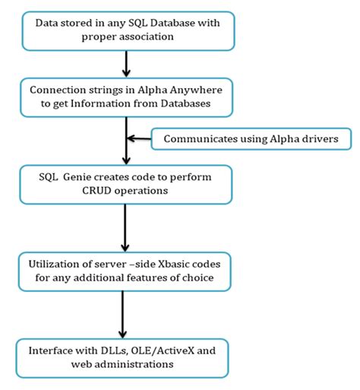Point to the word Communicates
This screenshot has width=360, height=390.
coord(194,138)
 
